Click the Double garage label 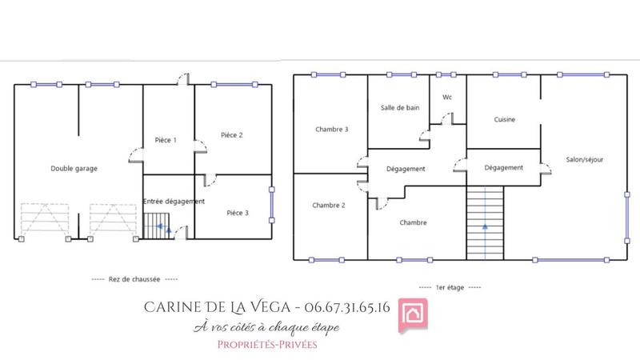74,168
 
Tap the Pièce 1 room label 166,140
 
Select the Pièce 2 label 232,135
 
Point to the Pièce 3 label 238,213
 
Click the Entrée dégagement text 174,201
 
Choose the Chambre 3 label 331,129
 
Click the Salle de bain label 400,107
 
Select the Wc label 447,98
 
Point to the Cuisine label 504,119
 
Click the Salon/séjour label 585,159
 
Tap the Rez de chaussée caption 135,279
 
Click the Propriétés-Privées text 267,344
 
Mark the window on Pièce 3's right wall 272,206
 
